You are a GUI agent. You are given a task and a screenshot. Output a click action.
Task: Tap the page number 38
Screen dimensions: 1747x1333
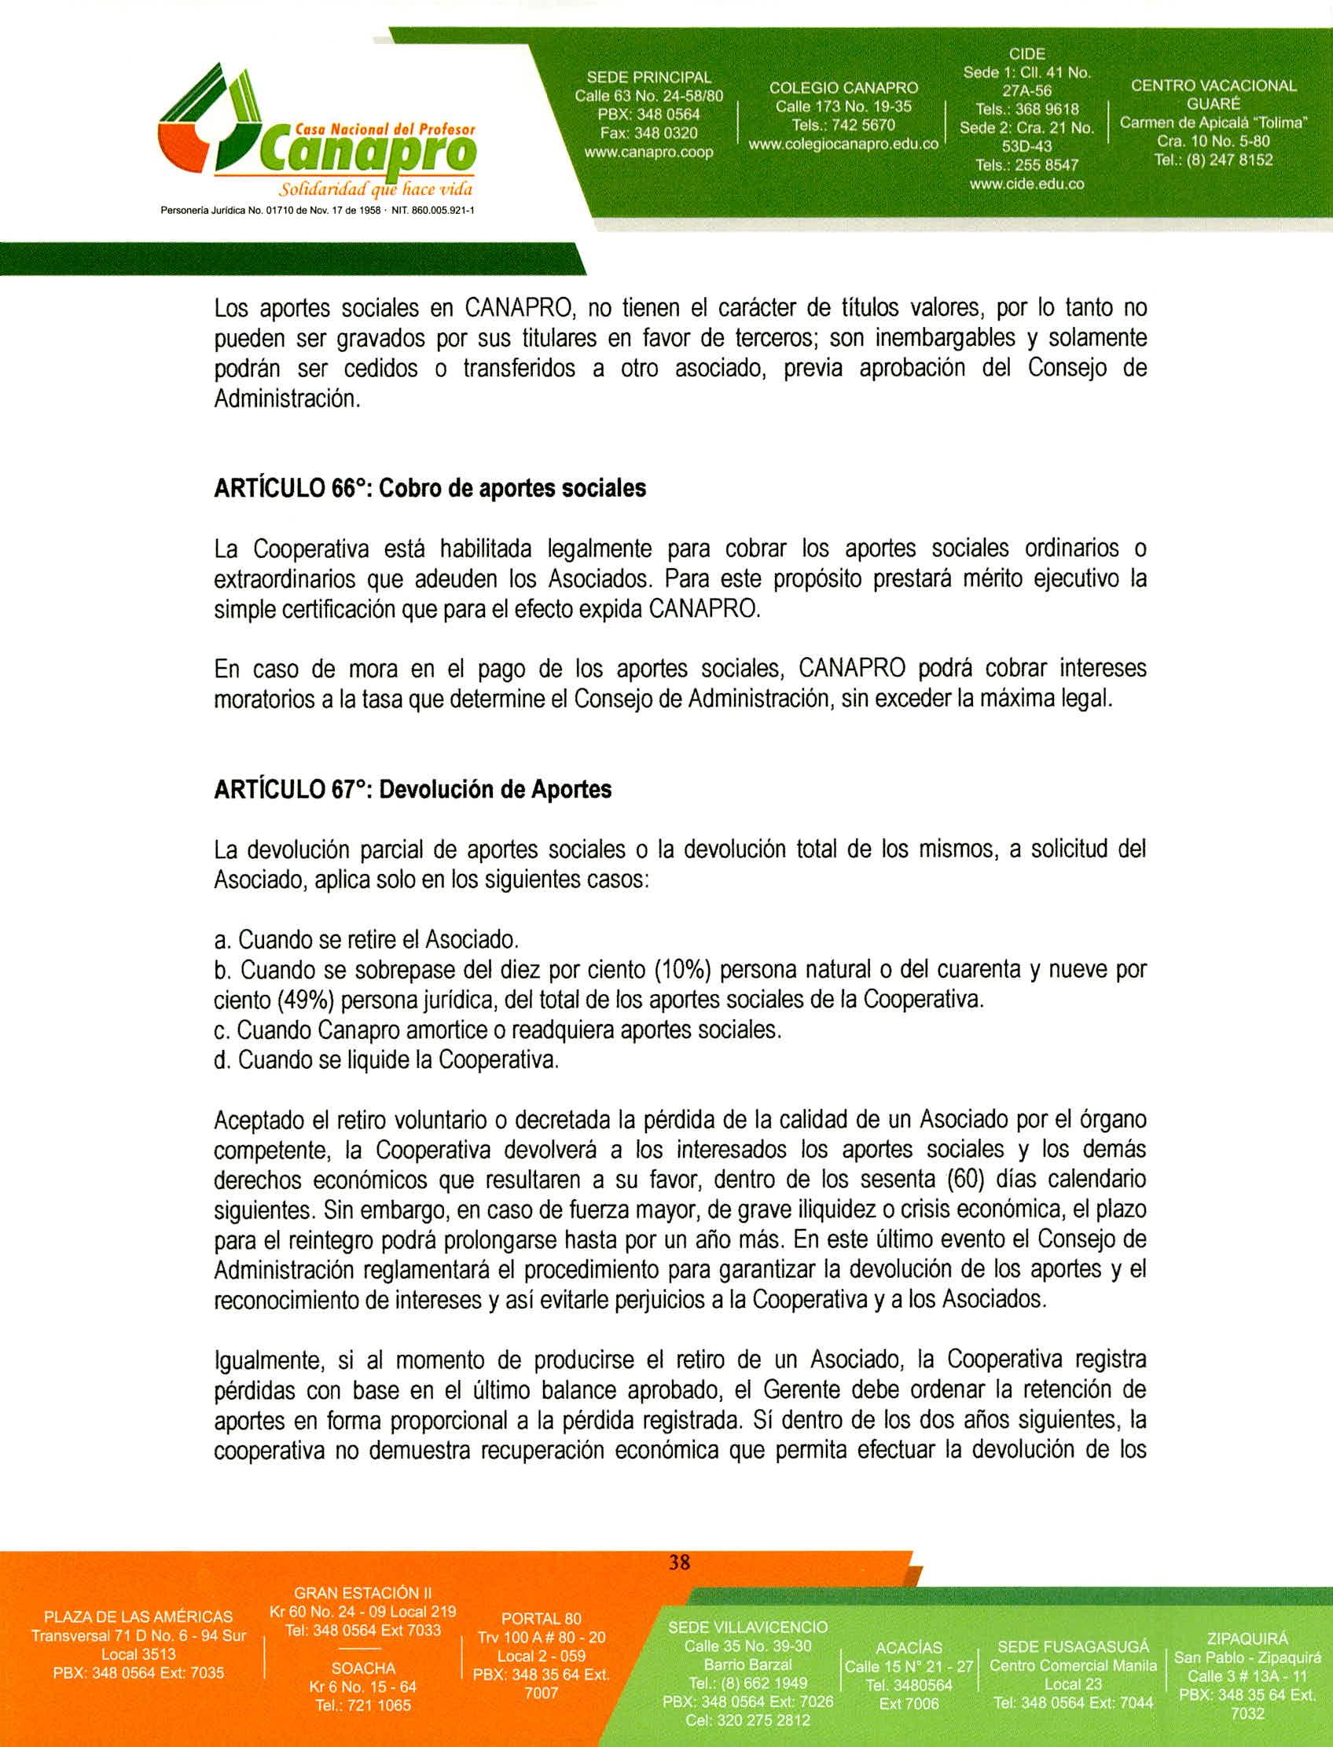coord(679,1562)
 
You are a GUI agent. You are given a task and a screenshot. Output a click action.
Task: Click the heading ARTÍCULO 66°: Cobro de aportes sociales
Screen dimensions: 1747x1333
coord(430,488)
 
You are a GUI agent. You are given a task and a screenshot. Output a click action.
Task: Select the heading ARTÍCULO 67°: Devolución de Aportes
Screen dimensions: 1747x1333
coord(413,789)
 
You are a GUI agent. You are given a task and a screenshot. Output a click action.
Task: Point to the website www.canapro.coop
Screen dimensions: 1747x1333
coord(648,152)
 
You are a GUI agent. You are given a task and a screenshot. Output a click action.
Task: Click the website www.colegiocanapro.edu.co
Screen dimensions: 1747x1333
coord(843,145)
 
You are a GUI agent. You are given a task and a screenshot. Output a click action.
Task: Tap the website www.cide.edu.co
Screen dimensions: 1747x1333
coord(1026,184)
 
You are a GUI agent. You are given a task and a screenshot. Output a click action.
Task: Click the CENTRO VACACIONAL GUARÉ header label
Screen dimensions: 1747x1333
coord(1214,94)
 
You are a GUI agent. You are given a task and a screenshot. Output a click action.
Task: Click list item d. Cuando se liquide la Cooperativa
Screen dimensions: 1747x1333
coord(387,1060)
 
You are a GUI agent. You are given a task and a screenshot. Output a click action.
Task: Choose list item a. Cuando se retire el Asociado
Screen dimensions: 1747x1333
coord(366,940)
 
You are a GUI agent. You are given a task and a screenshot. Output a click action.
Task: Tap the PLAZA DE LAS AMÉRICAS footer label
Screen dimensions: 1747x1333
coord(138,1617)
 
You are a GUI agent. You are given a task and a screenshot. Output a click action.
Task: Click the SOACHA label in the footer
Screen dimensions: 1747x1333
coord(363,1668)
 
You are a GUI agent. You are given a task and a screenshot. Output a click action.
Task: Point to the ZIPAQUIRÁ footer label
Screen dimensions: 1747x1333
coord(1247,1639)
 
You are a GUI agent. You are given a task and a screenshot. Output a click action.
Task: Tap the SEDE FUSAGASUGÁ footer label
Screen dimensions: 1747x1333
coord(1073,1647)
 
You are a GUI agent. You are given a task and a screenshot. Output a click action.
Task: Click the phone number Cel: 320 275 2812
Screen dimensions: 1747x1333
coord(748,1720)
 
